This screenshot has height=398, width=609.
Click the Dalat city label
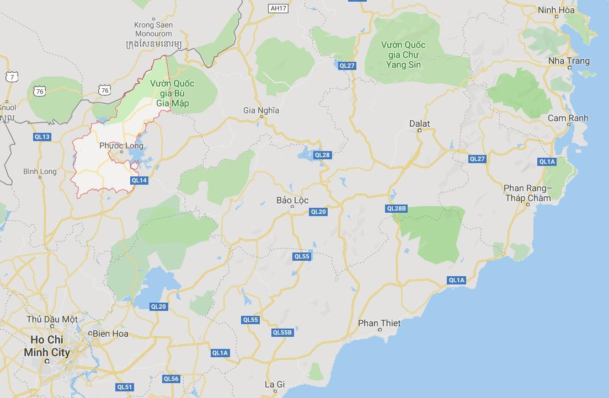419,123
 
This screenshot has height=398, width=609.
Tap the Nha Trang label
569,61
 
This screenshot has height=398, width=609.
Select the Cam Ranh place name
568,118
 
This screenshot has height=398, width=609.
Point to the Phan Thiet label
379,323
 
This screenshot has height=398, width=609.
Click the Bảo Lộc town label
292,200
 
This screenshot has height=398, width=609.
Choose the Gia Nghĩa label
261,110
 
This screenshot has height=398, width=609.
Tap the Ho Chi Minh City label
47,346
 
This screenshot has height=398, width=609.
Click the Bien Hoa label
110,334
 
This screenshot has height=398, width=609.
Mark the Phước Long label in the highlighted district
121,146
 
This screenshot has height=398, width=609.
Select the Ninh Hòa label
556,10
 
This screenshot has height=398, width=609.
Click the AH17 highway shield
279,8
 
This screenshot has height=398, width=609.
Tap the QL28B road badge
397,208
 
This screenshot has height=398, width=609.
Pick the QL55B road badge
282,332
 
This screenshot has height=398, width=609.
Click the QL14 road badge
139,180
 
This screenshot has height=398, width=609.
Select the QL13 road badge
42,137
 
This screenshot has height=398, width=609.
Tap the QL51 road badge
125,387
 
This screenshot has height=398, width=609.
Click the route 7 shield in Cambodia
12,77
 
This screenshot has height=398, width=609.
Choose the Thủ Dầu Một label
52,319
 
